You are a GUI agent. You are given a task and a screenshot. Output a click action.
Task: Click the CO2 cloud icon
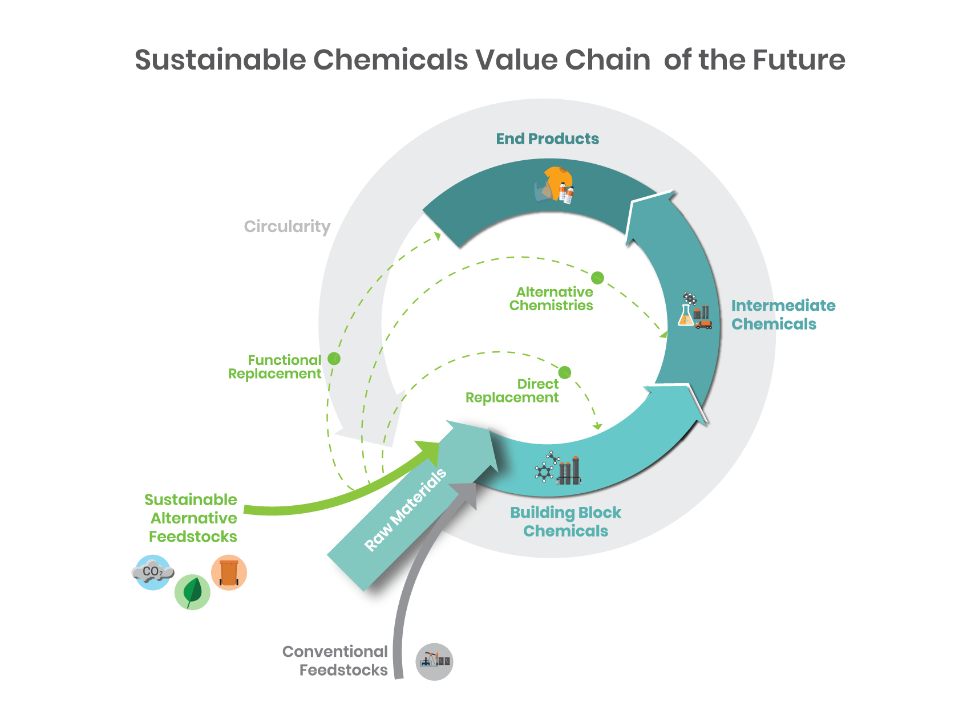coord(152,572)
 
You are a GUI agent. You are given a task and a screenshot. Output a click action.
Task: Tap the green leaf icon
coord(192,592)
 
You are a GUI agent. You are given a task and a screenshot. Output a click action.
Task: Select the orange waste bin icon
coord(229,572)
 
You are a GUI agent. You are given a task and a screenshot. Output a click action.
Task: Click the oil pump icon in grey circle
coord(434,661)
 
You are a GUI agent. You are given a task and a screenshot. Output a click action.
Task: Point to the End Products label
coord(547,139)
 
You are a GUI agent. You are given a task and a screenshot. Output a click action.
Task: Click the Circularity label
coord(287,226)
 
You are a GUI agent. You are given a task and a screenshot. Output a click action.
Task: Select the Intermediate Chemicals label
coord(782,315)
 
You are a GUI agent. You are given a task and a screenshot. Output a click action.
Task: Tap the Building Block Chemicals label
coord(565,522)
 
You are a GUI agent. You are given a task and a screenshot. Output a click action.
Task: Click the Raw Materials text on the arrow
coord(405,510)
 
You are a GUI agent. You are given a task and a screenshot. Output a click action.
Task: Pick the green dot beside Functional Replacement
coord(334,359)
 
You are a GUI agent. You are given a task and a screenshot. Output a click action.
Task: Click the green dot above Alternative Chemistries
coord(597,278)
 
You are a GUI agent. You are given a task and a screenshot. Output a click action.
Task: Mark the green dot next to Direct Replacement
coord(565,372)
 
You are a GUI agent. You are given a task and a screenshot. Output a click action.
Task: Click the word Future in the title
coord(798,59)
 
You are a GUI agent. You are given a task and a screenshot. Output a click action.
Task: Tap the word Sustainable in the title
coord(220,59)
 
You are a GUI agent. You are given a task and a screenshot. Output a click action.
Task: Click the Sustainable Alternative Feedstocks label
coord(192,518)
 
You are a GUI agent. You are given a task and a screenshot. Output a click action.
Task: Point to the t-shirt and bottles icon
coord(555,185)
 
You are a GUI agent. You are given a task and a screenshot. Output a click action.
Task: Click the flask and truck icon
coord(694,311)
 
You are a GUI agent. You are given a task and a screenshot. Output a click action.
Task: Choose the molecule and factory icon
coord(558,469)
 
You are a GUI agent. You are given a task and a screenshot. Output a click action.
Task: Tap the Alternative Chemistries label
coord(551,299)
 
